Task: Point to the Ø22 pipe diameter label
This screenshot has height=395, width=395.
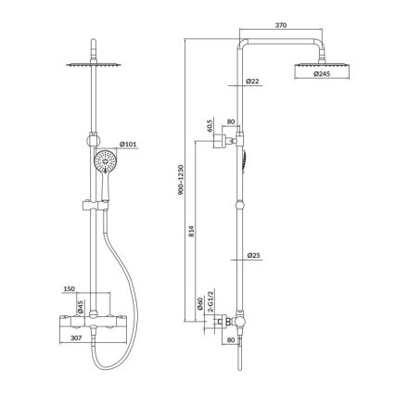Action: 252,83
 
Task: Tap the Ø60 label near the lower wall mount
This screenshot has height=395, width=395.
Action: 201,303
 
